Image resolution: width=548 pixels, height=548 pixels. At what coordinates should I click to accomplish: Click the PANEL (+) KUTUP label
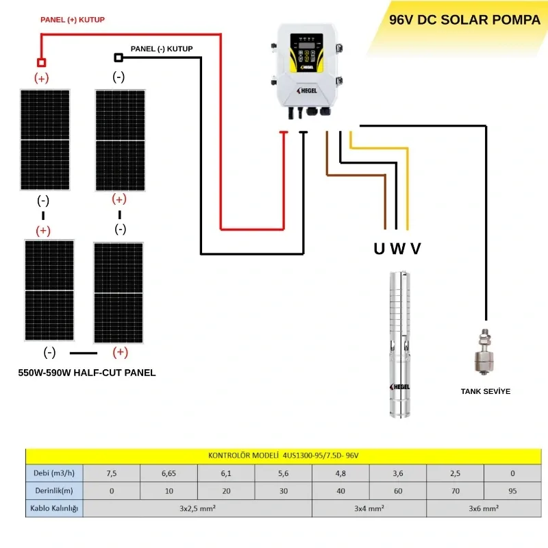(73, 21)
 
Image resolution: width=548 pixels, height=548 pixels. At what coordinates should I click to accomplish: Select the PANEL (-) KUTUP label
(162, 49)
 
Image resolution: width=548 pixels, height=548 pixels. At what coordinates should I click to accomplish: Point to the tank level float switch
(485, 353)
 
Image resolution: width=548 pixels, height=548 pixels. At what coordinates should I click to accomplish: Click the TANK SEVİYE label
(485, 391)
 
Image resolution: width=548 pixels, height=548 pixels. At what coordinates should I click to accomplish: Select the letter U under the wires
(379, 249)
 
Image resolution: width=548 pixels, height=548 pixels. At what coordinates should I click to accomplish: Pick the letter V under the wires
(415, 249)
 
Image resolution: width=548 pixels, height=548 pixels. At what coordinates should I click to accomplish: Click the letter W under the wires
(397, 249)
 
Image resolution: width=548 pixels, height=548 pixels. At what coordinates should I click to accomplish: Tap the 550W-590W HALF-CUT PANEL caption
(87, 373)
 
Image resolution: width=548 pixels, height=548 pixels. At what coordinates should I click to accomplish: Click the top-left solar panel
(45, 140)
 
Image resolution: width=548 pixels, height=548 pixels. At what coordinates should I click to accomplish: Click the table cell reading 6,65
(169, 473)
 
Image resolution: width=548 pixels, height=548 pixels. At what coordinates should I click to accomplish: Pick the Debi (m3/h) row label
(54, 473)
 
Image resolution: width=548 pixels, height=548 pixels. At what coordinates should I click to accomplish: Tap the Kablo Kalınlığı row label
(54, 508)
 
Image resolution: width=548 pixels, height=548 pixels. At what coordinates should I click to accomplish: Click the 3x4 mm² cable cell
(369, 508)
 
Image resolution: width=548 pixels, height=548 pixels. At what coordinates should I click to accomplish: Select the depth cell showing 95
(512, 490)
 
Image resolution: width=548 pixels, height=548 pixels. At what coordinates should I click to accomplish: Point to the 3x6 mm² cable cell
(484, 508)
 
